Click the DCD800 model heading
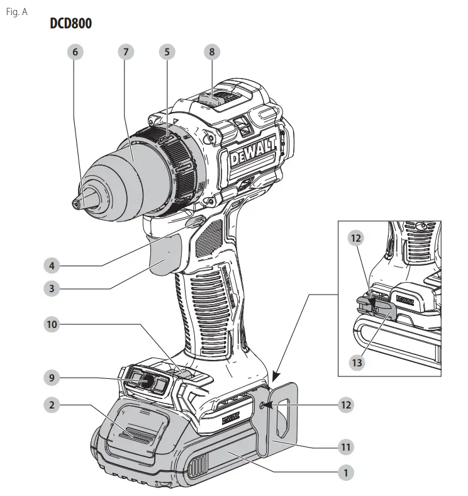click(71, 25)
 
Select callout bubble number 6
click(75, 52)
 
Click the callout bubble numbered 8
click(212, 52)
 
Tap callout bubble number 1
click(345, 470)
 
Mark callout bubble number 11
click(345, 447)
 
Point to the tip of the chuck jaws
click(76, 202)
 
